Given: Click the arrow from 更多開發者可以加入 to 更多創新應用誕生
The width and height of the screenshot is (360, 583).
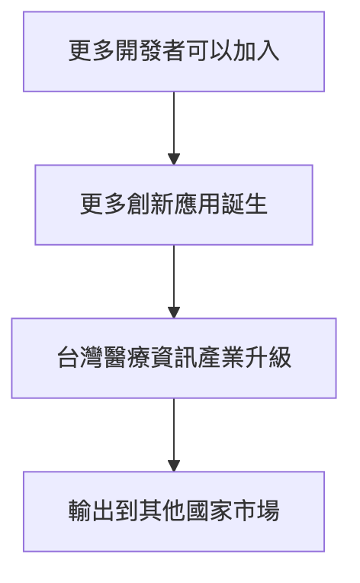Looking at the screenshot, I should click(x=174, y=126).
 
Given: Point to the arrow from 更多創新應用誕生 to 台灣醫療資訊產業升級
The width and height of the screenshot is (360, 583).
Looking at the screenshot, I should click(x=174, y=279).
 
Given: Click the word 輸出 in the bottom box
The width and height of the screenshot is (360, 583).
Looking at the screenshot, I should click(x=89, y=511).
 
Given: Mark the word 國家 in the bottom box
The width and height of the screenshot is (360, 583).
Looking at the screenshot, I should click(x=216, y=511).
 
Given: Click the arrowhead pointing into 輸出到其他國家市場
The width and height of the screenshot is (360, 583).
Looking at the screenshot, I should click(x=174, y=465).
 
